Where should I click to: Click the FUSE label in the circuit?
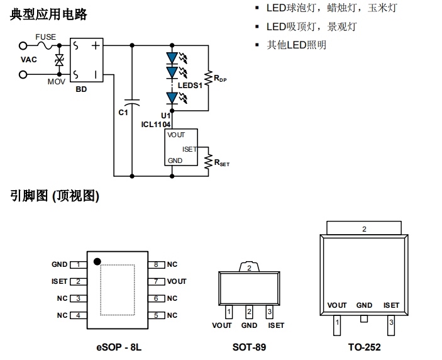click(45, 37)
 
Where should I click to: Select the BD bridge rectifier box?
click(86, 60)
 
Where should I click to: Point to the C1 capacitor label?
click(123, 112)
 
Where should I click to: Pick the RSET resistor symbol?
click(207, 162)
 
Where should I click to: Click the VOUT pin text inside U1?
click(177, 135)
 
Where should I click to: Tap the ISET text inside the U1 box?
click(189, 149)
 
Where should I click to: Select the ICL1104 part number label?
click(155, 124)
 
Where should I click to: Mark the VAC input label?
click(29, 60)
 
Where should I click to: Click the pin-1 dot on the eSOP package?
click(97, 261)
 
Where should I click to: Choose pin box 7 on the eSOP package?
click(156, 281)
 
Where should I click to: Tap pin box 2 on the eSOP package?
click(79, 281)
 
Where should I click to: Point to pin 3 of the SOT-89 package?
click(270, 312)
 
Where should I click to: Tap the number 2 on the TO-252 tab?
click(364, 229)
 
